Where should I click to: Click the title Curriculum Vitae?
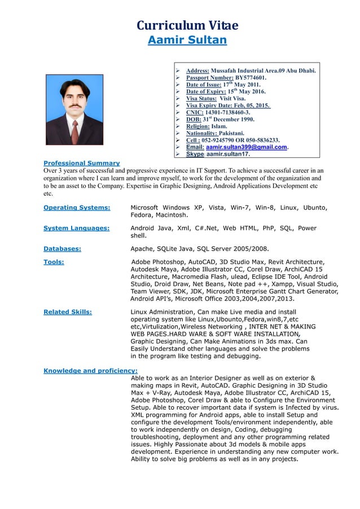tap(187, 25)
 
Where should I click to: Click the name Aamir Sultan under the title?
tap(187, 40)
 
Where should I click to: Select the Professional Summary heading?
tap(81, 163)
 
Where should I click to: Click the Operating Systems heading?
tap(77, 208)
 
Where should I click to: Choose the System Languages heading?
tap(76, 228)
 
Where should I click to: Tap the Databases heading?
tap(62, 248)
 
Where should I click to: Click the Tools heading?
tap(54, 262)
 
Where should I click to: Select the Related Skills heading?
tap(68, 311)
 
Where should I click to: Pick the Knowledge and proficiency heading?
tap(90, 371)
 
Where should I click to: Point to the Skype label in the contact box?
tap(195, 154)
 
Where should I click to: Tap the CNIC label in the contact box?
tap(194, 112)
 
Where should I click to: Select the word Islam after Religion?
tap(219, 126)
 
